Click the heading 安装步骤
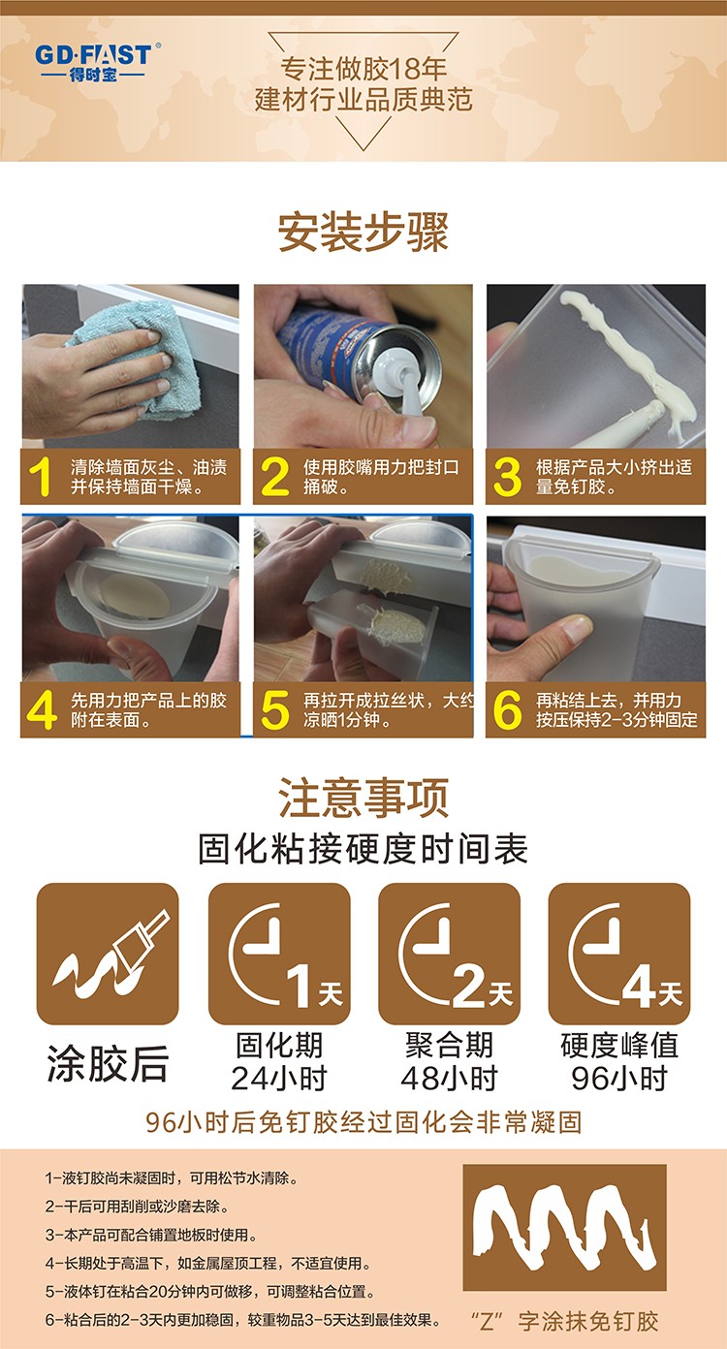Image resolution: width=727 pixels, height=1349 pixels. [363, 233]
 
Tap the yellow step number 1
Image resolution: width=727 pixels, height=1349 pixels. [41, 477]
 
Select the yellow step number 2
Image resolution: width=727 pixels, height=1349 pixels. [274, 477]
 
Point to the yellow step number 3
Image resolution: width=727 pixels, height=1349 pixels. [507, 477]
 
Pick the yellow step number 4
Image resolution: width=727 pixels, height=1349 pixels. [42, 710]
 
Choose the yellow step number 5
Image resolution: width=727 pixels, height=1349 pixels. [274, 710]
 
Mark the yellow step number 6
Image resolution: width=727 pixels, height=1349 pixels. [507, 710]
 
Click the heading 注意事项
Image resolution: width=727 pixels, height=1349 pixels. [363, 798]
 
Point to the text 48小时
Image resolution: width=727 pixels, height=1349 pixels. [450, 1078]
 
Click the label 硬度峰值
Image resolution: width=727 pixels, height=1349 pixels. [619, 1045]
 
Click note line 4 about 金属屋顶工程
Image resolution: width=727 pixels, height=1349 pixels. [207, 1263]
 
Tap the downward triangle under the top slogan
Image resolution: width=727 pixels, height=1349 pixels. [363, 133]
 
